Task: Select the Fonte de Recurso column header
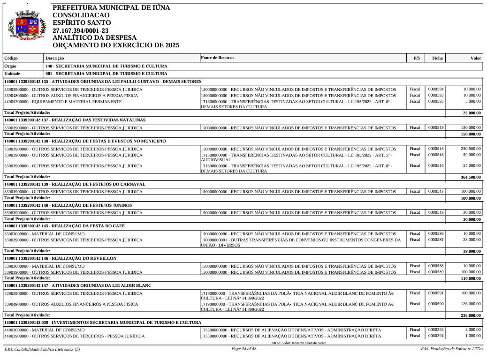[217, 58]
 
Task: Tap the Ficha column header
[437, 58]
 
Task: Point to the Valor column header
[475, 58]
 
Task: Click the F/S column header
[416, 58]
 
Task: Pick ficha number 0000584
[436, 89]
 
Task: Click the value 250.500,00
[470, 149]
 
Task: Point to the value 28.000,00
[471, 240]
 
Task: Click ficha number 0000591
[436, 293]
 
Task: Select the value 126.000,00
[470, 304]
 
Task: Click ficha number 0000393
[436, 330]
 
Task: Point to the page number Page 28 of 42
[243, 349]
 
